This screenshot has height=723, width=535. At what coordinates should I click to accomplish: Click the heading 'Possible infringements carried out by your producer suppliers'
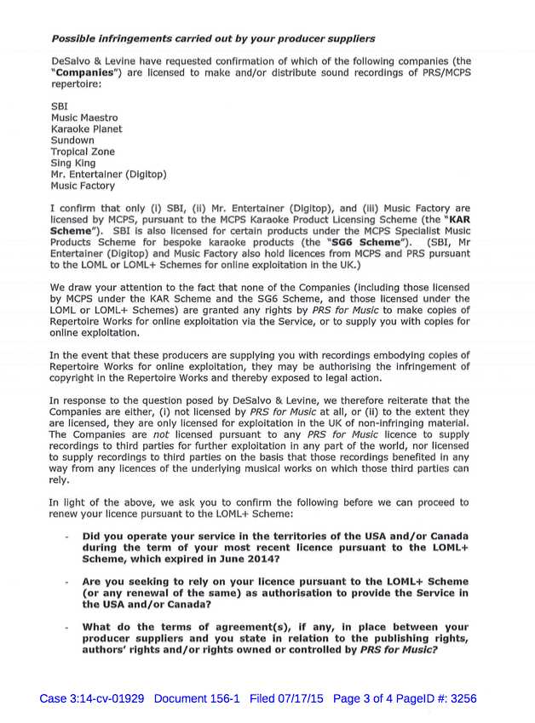coord(213,38)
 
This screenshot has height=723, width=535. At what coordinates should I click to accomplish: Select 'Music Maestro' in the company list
coord(84,118)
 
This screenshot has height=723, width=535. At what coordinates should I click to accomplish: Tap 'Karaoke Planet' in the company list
coord(86,129)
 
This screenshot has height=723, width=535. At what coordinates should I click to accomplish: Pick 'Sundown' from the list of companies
coord(72,140)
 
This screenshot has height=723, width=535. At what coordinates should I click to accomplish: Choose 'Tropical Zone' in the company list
coord(83,151)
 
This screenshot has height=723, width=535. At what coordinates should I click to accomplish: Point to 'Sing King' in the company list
coord(74,162)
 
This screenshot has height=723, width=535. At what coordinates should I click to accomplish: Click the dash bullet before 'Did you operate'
coord(66,537)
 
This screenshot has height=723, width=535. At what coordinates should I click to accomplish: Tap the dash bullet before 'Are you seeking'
coord(66,582)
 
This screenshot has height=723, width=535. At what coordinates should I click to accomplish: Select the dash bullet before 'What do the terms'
coord(66,628)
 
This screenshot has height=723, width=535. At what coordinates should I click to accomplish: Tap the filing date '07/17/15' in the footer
coord(304,699)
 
